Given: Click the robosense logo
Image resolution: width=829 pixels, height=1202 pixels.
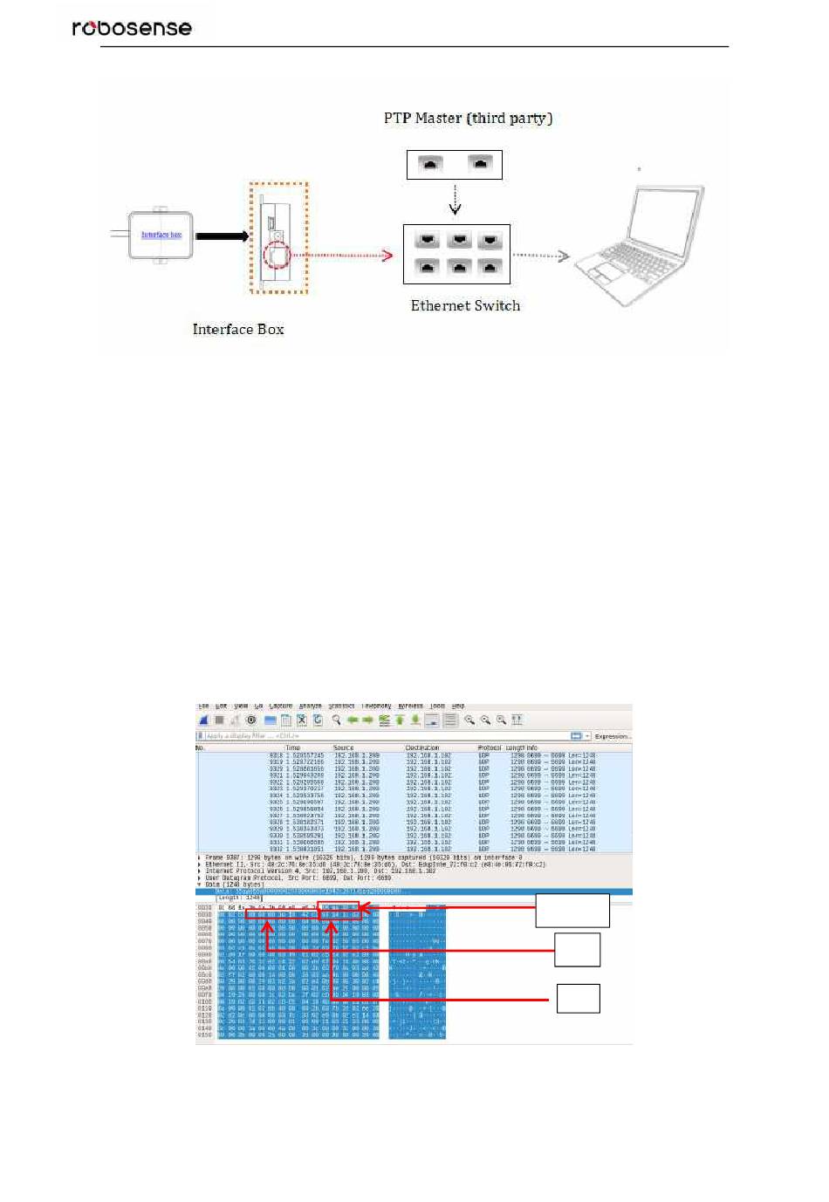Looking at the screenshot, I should point(132,28).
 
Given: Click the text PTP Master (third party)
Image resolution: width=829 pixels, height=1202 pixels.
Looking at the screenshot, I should point(468,118).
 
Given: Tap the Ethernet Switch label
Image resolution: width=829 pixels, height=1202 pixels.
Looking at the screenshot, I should point(465,305).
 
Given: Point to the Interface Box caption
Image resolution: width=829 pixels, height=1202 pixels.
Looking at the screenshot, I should point(238,329).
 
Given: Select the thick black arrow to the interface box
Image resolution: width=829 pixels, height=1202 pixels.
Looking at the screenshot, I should point(222,236).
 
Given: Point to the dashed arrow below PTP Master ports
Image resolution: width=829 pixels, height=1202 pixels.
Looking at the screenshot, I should point(455,199).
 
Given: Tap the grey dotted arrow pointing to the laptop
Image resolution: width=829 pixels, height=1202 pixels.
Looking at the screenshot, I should point(540,256).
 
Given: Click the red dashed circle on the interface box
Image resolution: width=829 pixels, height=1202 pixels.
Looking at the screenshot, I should point(278,256).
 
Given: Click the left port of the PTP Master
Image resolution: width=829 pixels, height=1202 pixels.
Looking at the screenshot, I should point(429,164).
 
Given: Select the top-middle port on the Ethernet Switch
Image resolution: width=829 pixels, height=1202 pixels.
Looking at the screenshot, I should point(458,241).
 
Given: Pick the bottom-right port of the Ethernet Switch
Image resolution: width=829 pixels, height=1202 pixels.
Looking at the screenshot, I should point(490,268).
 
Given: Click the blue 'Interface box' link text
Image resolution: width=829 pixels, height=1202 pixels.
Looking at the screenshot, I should point(161,235).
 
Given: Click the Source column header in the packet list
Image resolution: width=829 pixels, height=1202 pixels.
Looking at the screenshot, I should point(344,748).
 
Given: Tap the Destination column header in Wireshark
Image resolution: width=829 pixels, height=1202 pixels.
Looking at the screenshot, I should point(422,748).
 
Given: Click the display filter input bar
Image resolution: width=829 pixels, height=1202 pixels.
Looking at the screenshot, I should point(384,736).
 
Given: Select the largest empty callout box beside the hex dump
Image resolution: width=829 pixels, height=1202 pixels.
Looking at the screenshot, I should point(572,910).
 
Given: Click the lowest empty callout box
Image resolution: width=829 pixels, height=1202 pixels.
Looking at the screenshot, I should point(578,998).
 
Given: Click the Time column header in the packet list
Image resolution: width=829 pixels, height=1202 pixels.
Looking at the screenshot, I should point(293,748).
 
